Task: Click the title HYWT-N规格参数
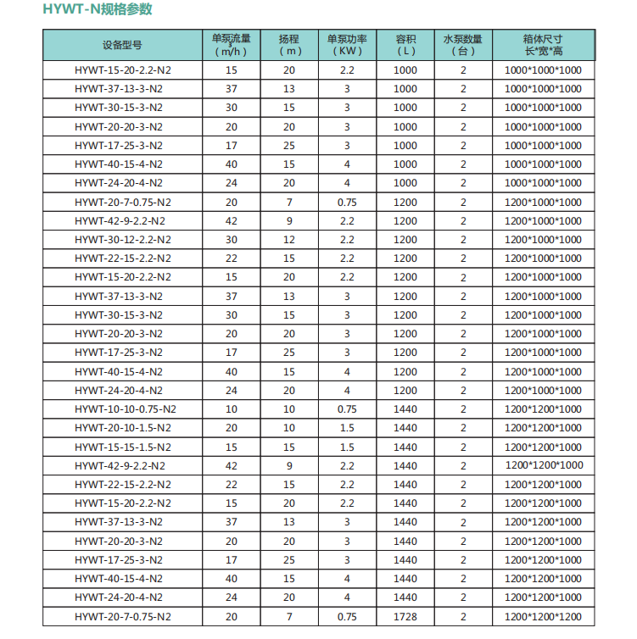tap(99, 11)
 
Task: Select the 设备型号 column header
tap(122, 44)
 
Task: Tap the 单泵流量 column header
tap(231, 44)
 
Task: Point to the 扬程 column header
tap(289, 44)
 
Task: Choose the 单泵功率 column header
tap(347, 44)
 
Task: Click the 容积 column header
tap(405, 44)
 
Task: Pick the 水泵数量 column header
tap(463, 44)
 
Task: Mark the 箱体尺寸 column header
tap(543, 44)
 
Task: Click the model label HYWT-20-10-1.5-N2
tap(122, 428)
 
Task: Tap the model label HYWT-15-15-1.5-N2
tap(122, 447)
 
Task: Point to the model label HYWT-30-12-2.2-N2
tap(122, 240)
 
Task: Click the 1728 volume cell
tap(405, 616)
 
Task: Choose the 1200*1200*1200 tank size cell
tap(543, 616)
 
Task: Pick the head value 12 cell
tap(289, 240)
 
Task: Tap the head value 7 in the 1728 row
tap(289, 616)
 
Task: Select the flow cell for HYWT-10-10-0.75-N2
tap(231, 409)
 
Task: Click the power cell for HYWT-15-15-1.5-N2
tap(347, 447)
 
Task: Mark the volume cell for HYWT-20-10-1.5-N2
tap(405, 428)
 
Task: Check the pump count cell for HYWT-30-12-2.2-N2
tap(463, 240)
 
